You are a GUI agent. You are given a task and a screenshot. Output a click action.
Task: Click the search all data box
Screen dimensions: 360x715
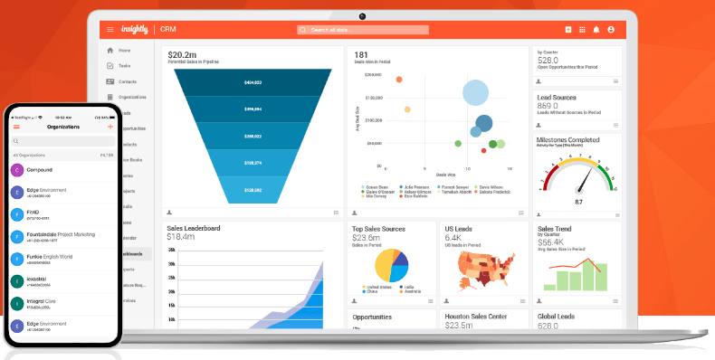click(x=362, y=30)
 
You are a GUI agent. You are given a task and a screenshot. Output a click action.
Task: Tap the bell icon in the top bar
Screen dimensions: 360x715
click(x=596, y=30)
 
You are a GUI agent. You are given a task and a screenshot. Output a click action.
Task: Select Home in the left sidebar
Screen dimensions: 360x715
click(x=124, y=51)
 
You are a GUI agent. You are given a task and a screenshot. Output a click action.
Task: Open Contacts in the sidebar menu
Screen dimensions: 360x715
click(x=127, y=81)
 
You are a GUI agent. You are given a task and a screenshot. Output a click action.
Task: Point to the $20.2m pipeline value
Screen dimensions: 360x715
click(x=185, y=54)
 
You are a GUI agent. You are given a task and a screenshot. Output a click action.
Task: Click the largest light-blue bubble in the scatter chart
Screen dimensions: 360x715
click(x=476, y=92)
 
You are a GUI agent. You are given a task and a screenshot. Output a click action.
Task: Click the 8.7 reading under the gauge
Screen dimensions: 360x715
click(x=578, y=202)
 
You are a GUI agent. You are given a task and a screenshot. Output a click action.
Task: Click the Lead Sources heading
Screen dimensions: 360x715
click(x=558, y=96)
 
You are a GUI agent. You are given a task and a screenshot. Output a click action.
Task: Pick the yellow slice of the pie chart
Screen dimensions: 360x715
click(x=384, y=264)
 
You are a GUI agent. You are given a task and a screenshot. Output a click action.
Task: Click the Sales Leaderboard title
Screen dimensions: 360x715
click(x=194, y=228)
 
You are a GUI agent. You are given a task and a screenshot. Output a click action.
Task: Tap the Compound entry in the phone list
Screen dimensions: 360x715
click(x=40, y=169)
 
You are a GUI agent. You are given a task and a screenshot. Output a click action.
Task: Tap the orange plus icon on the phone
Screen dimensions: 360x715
click(x=110, y=128)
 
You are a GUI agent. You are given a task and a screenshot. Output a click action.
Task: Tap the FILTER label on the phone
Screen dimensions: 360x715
click(x=107, y=156)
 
